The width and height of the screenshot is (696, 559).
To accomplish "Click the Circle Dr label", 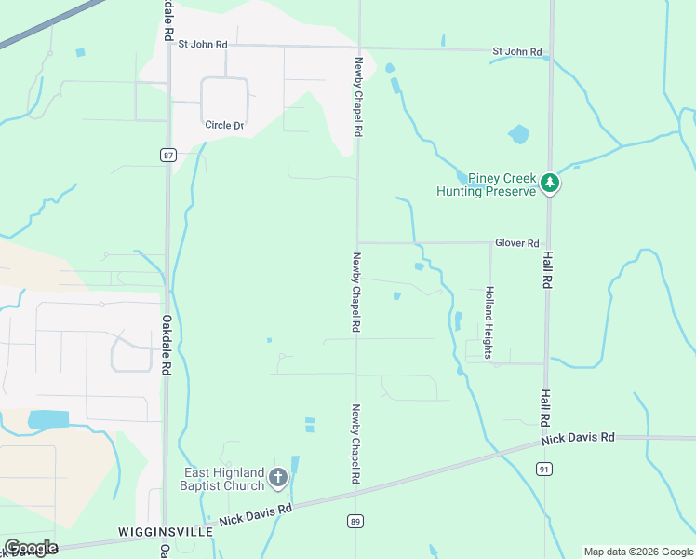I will point(224,125).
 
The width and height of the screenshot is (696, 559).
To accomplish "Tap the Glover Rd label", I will point(517,243).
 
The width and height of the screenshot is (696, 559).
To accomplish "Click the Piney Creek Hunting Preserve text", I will point(489,184).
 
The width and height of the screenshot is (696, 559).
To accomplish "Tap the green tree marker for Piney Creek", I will point(551,184).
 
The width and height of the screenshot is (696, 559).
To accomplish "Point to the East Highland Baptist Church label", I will point(223,479).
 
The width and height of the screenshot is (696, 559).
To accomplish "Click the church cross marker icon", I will point(277,479).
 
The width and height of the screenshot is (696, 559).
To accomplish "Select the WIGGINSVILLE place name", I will point(166,531).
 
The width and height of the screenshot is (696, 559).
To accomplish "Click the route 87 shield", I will point(167,155).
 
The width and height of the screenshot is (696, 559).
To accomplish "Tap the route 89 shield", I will point(355,521).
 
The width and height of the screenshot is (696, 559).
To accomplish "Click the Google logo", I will point(31,547).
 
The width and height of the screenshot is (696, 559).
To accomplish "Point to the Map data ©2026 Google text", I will point(637,552).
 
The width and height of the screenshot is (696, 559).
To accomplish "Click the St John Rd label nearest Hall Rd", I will point(517,51).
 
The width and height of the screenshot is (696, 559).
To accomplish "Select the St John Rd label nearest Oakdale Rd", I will point(203,44).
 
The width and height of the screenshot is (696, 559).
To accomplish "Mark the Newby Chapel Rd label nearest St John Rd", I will point(357,97).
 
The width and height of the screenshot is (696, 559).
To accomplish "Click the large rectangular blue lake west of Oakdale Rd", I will point(48,419).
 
